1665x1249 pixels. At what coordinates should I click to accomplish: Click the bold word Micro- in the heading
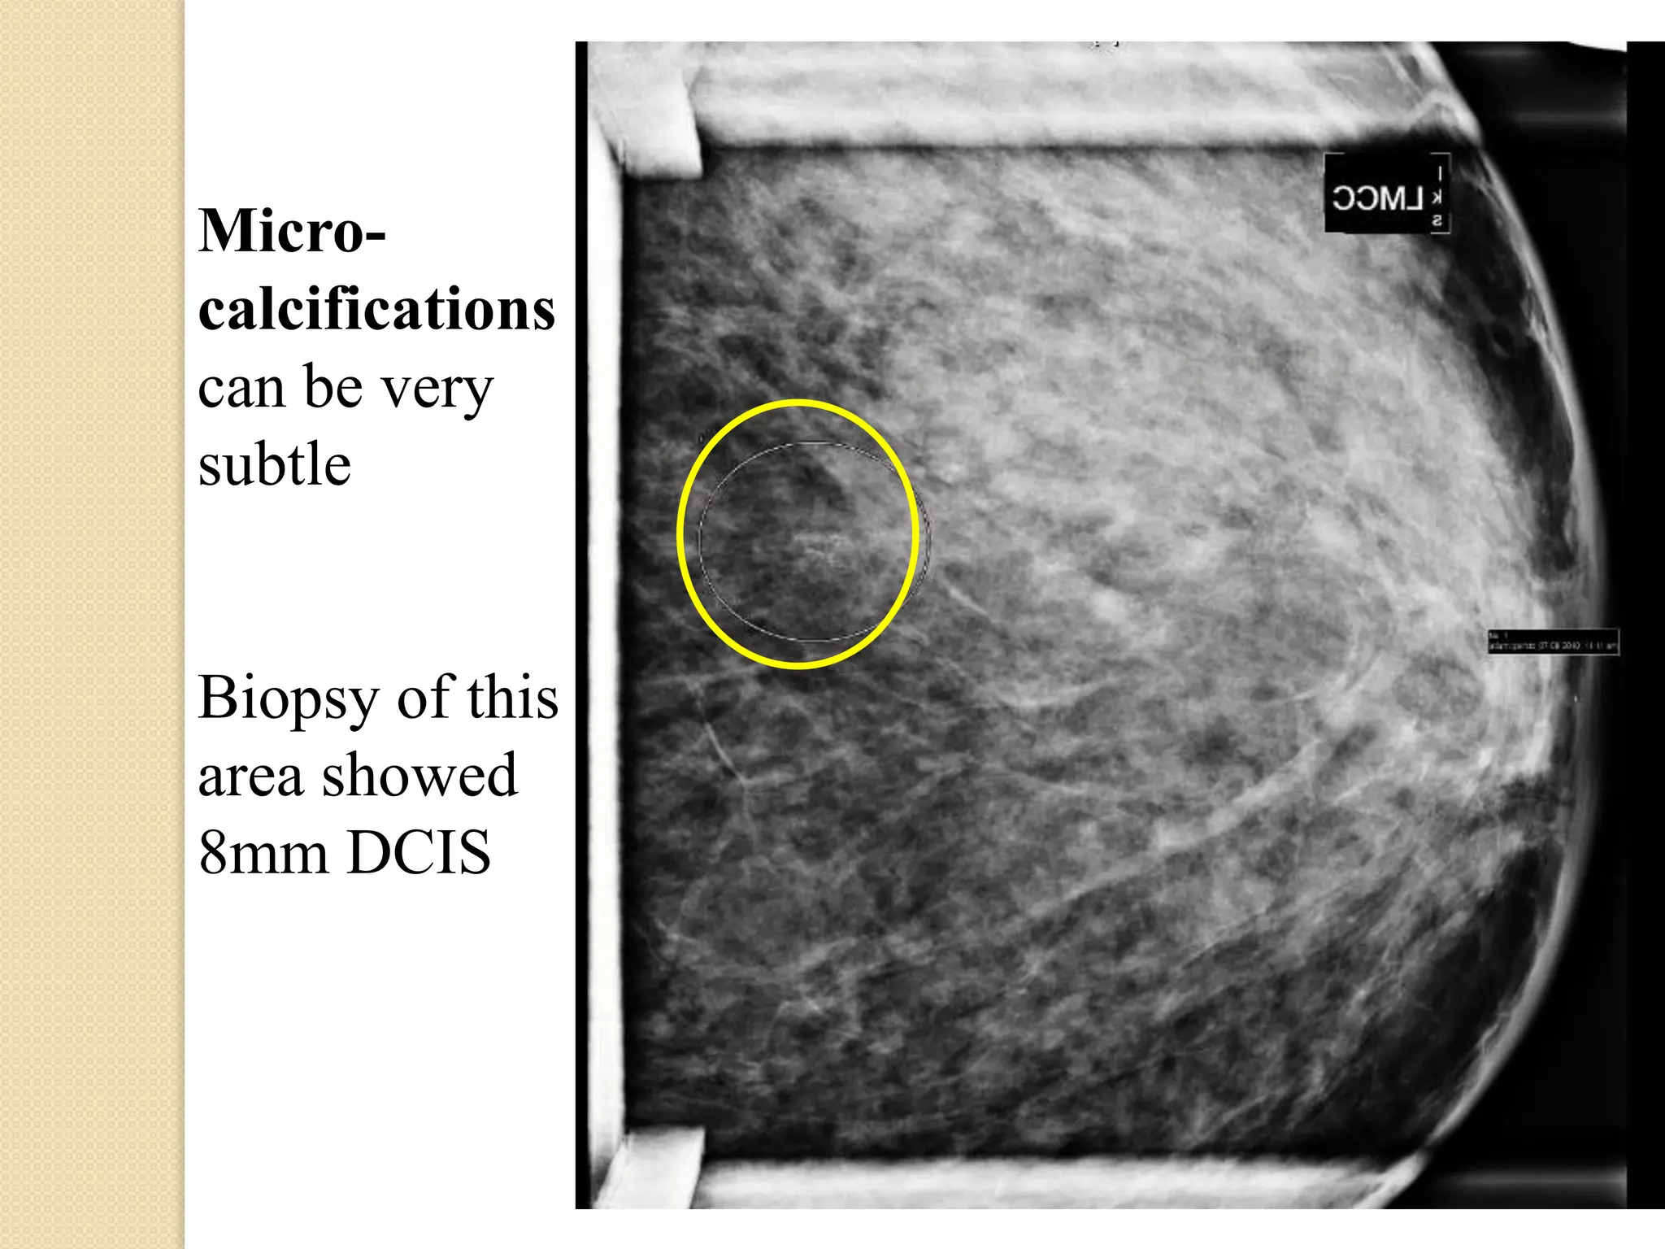pos(292,232)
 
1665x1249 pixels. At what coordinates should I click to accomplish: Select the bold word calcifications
pos(376,310)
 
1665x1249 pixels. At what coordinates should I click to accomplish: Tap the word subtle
pos(275,464)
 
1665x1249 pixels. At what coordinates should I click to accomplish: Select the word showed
pos(420,775)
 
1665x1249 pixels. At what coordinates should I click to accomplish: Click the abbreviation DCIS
pos(420,853)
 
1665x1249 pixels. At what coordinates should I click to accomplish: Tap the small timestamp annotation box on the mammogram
pos(1552,642)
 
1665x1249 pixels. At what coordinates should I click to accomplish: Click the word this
pos(512,698)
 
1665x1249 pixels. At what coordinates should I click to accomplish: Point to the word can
pos(242,389)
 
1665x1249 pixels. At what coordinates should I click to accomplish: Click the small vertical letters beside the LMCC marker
pos(1438,195)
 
